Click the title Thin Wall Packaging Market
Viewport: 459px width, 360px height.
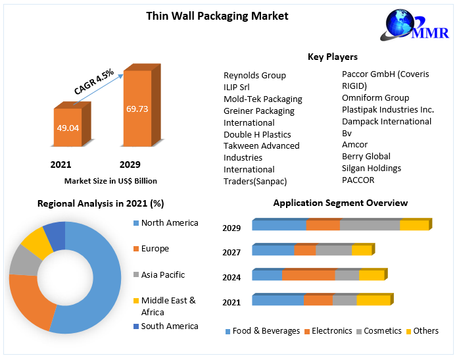click(217, 16)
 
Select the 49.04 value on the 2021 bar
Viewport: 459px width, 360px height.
click(68, 128)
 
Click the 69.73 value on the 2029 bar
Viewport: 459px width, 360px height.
click(137, 108)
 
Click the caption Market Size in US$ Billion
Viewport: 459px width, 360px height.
click(110, 180)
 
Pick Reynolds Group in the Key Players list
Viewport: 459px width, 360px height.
click(254, 75)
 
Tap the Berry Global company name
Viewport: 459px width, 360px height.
click(366, 156)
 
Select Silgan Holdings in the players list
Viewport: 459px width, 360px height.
click(371, 168)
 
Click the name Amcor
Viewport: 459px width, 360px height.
click(355, 144)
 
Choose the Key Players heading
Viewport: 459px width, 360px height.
click(333, 57)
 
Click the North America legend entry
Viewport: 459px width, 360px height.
click(169, 222)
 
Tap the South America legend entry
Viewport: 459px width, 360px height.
click(169, 326)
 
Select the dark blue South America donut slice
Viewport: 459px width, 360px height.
click(55, 235)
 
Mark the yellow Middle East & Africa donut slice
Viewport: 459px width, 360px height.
click(37, 244)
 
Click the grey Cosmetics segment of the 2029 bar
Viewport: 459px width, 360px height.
click(370, 225)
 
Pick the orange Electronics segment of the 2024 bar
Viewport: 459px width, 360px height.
click(308, 275)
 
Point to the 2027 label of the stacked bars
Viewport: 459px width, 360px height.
click(231, 252)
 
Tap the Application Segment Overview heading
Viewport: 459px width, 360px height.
click(341, 203)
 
